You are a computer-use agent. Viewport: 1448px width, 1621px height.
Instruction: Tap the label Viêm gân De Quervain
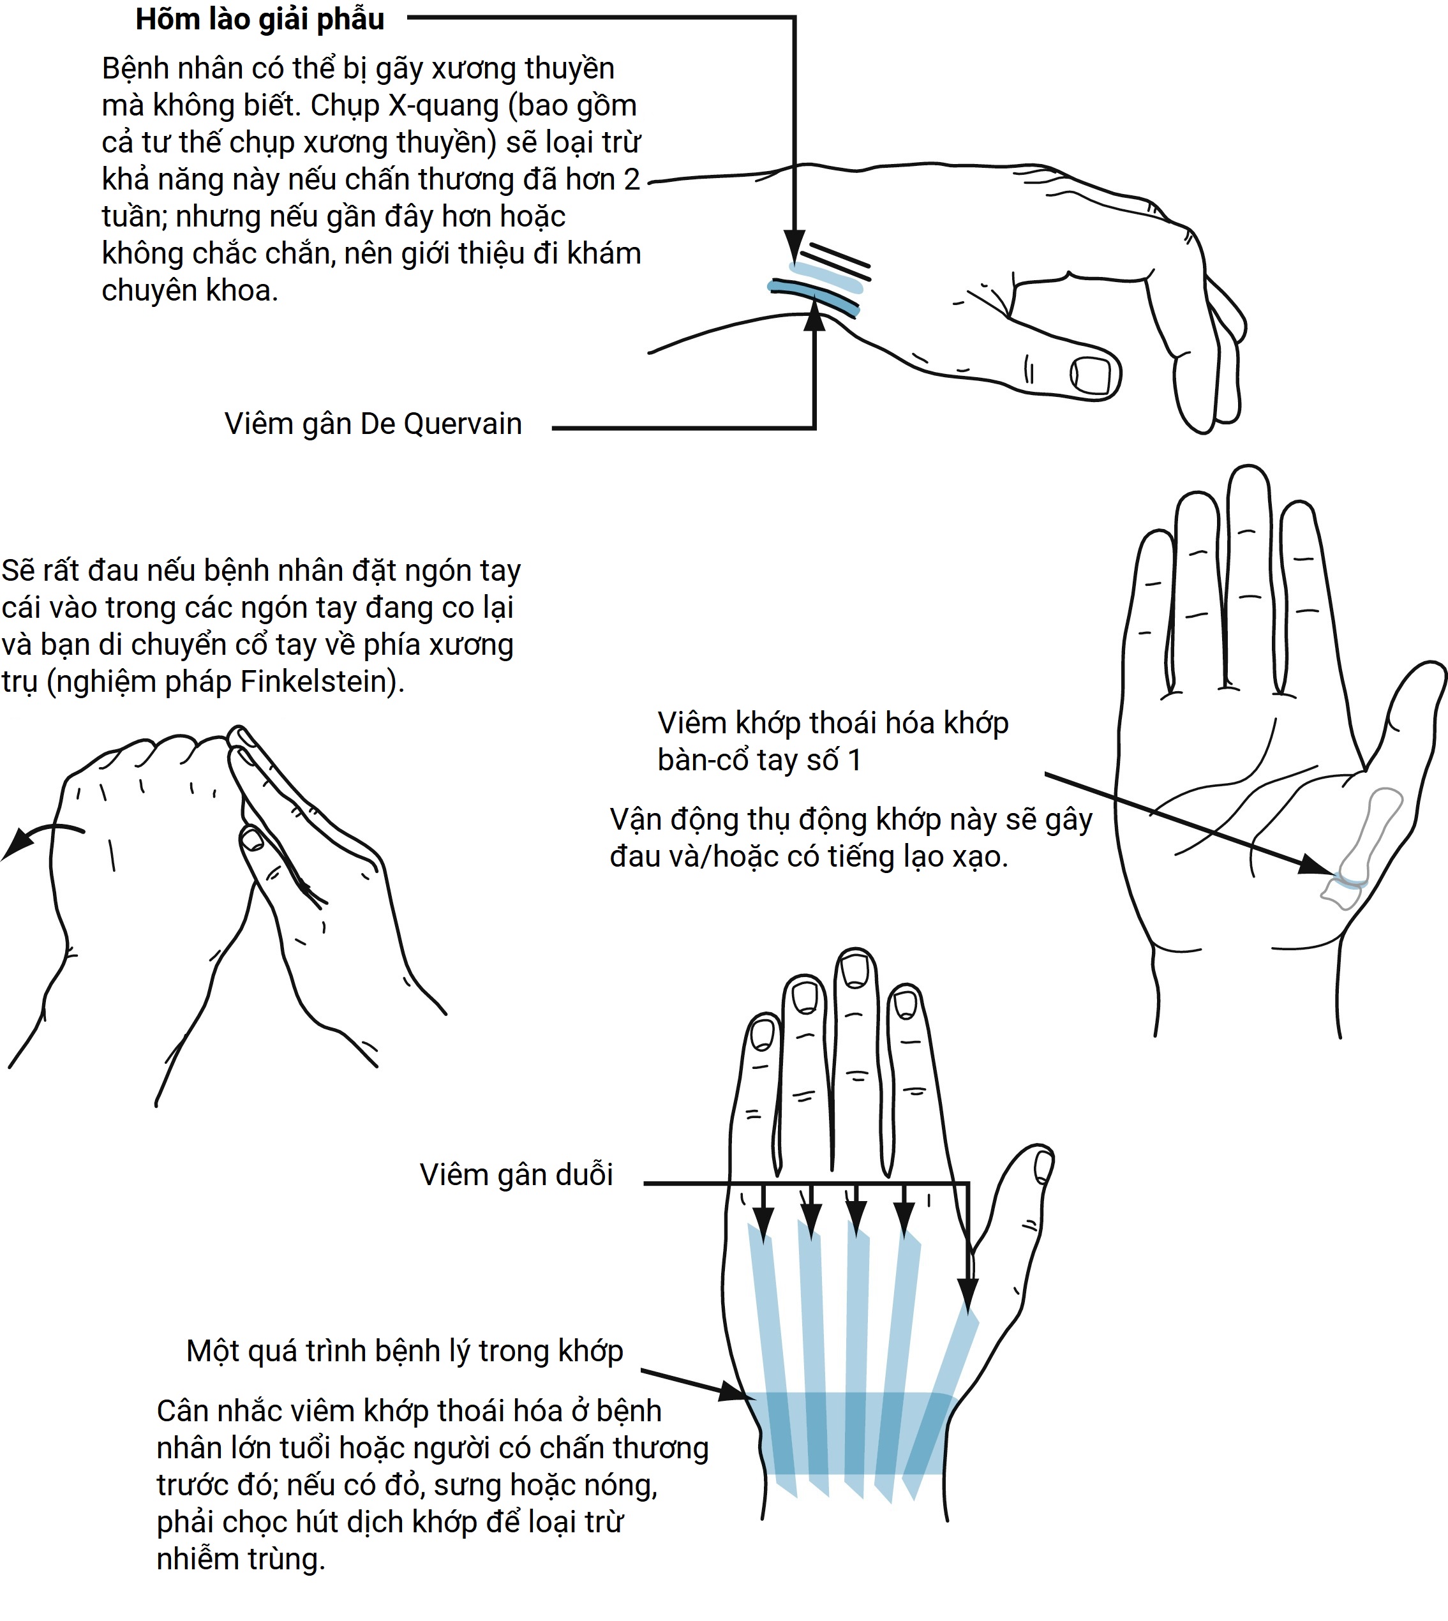pos(373,424)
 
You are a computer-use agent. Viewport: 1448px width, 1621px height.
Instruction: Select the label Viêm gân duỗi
pos(516,1174)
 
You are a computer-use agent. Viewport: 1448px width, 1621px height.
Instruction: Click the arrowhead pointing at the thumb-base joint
pos(1316,864)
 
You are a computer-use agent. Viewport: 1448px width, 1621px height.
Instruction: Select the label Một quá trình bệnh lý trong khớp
pos(405,1351)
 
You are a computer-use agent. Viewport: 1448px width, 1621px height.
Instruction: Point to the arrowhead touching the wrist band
pos(736,1392)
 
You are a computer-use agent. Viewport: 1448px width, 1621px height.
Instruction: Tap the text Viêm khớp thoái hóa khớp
pos(833,722)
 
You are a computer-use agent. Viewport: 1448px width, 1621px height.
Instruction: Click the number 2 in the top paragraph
pos(632,180)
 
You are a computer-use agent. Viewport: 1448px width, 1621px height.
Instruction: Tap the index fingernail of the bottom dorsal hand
pos(906,1005)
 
